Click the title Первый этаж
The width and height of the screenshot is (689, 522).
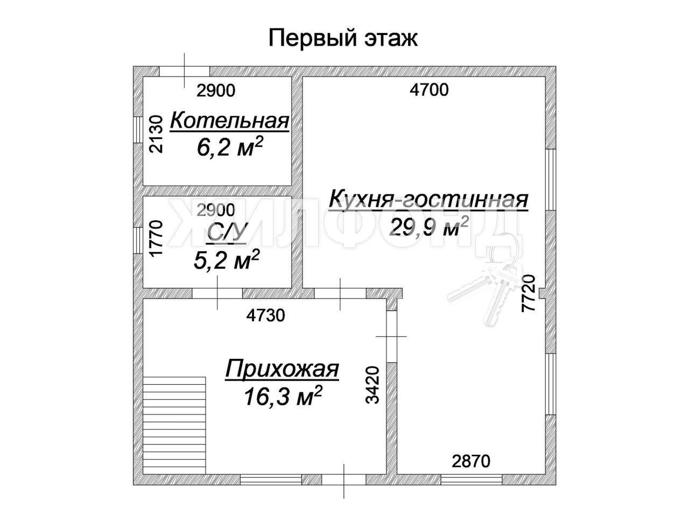[x=342, y=39]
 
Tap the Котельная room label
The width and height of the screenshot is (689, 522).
[x=229, y=121]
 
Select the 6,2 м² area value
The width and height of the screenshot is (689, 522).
[x=230, y=146]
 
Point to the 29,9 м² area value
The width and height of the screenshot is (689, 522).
[x=429, y=227]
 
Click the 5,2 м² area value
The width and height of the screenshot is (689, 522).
[x=227, y=259]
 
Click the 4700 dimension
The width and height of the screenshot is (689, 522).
[x=429, y=90]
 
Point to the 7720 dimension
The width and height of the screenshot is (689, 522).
[x=528, y=293]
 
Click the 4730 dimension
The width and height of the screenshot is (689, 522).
[x=265, y=315]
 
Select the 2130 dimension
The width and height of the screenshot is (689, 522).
[x=156, y=134]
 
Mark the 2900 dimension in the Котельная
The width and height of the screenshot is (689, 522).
[x=216, y=90]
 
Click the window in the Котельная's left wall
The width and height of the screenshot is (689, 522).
[x=138, y=130]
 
